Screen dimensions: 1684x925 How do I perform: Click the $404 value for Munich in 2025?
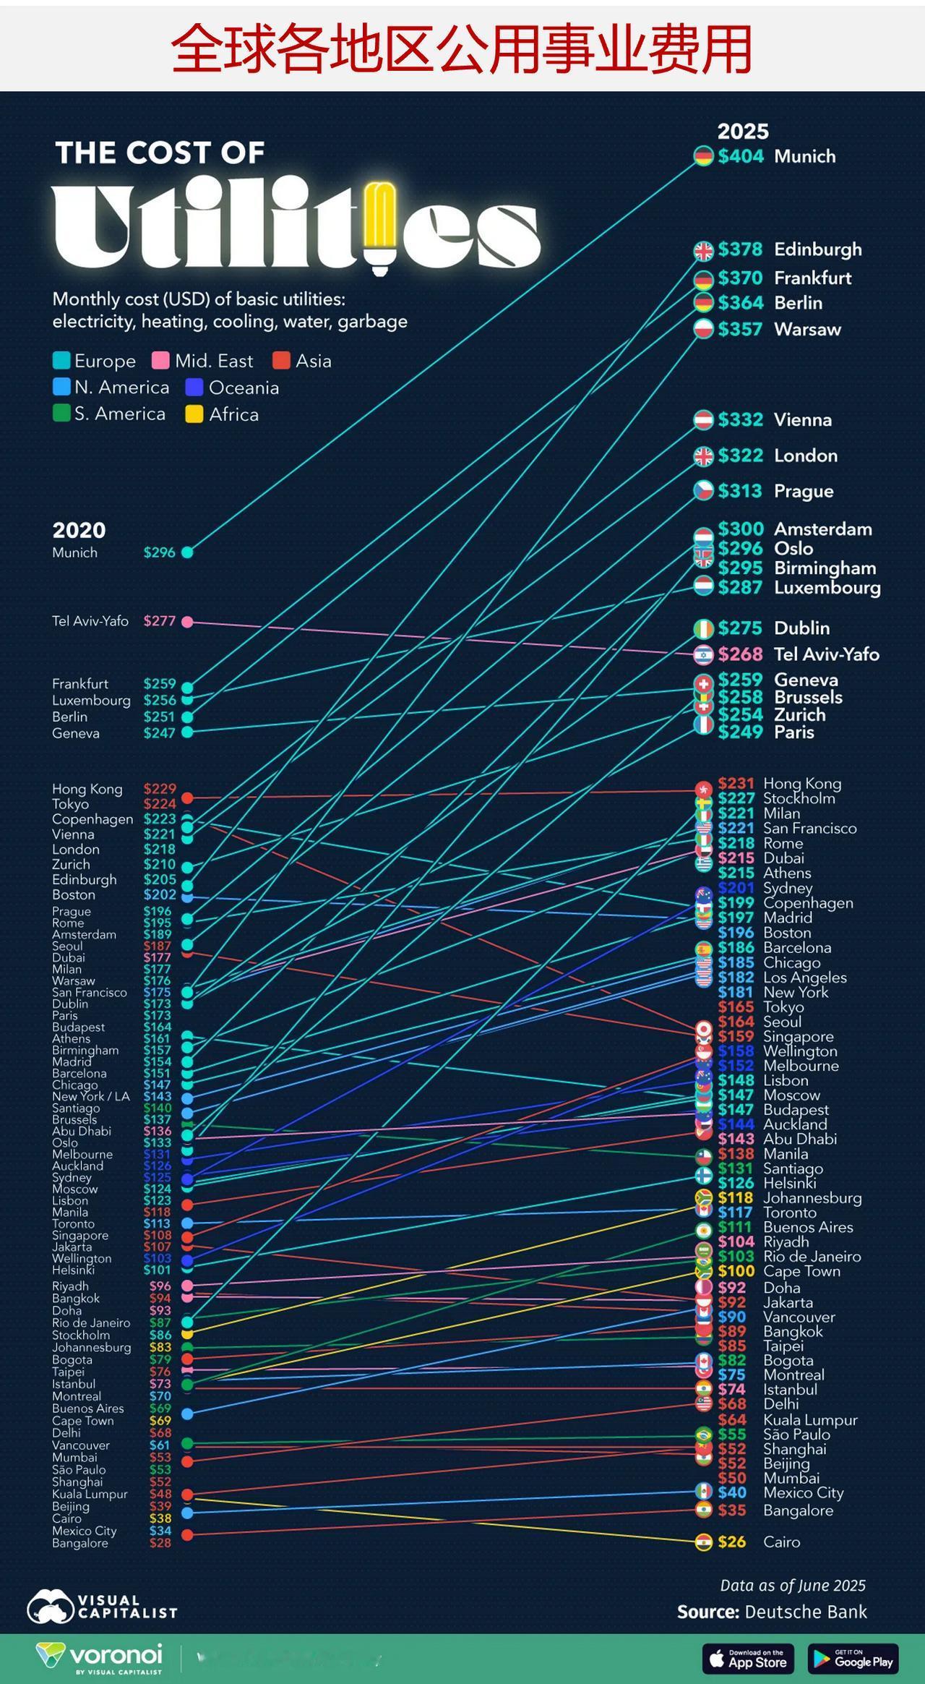[740, 156]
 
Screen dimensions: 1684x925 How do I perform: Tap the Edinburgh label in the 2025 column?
[817, 249]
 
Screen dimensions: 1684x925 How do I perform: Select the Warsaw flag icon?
[703, 329]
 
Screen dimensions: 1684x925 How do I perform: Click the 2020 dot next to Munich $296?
[187, 552]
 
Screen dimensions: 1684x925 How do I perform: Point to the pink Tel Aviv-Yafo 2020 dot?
[187, 622]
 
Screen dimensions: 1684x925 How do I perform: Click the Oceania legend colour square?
[194, 388]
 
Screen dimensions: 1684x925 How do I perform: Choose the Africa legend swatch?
[194, 414]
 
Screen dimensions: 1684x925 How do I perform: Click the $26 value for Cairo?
[731, 1542]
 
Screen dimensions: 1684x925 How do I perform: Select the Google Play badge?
[853, 1658]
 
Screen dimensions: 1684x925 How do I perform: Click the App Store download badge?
[748, 1658]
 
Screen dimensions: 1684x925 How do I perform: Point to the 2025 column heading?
[742, 132]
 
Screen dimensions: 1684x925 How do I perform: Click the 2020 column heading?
[79, 530]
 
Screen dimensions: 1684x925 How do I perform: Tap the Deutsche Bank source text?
[805, 1612]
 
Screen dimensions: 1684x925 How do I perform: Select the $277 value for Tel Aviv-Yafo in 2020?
[159, 621]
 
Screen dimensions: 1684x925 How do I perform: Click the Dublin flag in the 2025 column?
[703, 628]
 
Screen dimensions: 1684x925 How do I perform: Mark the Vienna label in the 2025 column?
[802, 420]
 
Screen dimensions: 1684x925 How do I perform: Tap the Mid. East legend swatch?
[160, 361]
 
